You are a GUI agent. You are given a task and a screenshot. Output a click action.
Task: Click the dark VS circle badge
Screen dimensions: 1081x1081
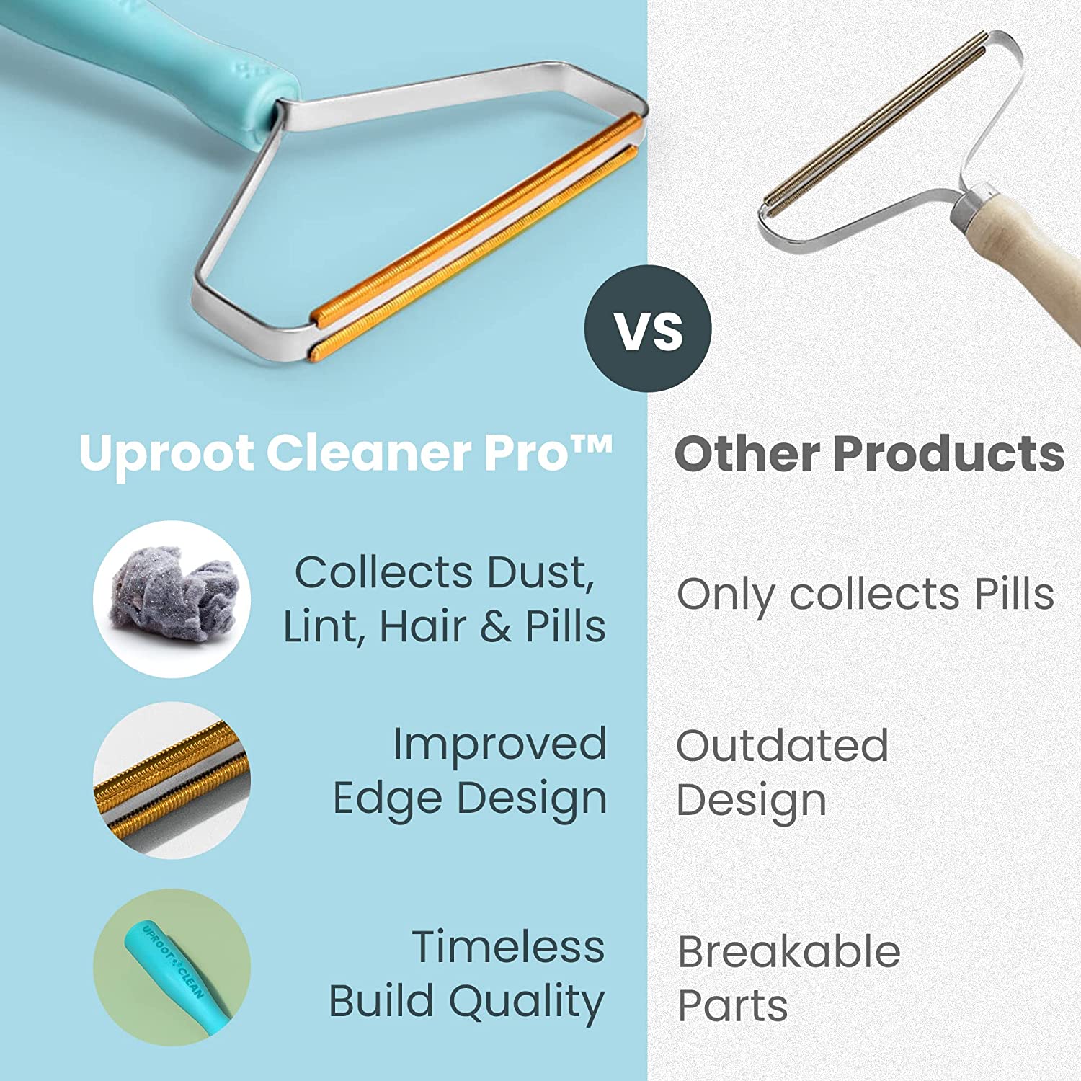648,329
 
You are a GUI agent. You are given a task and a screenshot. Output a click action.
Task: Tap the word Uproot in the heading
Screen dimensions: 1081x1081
166,454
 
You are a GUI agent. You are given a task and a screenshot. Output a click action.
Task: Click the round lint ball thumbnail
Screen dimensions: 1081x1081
172,598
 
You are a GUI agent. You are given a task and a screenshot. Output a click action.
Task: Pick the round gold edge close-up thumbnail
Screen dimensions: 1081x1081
172,780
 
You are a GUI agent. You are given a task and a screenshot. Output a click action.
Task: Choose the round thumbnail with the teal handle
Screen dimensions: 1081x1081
172,967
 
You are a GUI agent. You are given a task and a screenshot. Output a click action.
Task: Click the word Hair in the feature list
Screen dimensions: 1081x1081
424,626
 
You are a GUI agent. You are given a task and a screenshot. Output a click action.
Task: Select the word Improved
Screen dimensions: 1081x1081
499,744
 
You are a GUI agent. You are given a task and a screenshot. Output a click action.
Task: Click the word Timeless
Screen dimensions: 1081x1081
508,947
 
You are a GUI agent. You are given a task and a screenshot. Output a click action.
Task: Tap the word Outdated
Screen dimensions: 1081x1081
782,746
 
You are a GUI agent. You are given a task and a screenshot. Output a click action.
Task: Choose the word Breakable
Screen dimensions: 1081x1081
789,952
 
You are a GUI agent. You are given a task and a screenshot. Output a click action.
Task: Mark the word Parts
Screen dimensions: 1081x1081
733,1006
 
